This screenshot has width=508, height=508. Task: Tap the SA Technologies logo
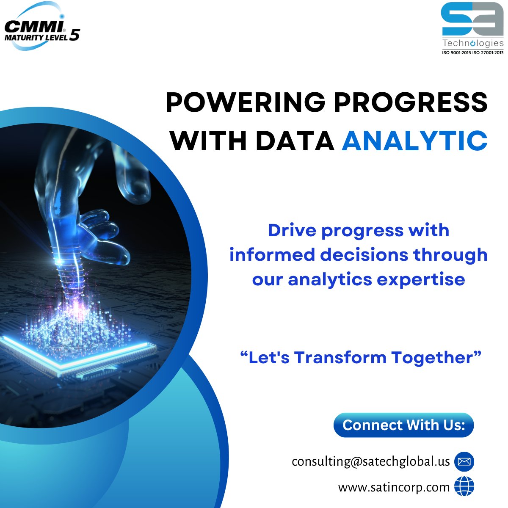click(472, 28)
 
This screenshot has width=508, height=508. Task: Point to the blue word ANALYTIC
click(414, 141)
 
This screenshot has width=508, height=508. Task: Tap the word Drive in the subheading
click(292, 230)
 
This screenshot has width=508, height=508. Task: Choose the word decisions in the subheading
click(364, 255)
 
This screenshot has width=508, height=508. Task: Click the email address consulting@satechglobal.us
click(370, 461)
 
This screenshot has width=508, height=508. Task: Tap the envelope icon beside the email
click(464, 461)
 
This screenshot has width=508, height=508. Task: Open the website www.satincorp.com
click(394, 487)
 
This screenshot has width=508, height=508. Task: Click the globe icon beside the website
click(464, 487)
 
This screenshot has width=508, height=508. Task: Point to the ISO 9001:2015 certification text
click(457, 53)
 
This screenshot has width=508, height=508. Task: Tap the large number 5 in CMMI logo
click(74, 35)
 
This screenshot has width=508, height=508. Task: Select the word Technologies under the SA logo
click(473, 43)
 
